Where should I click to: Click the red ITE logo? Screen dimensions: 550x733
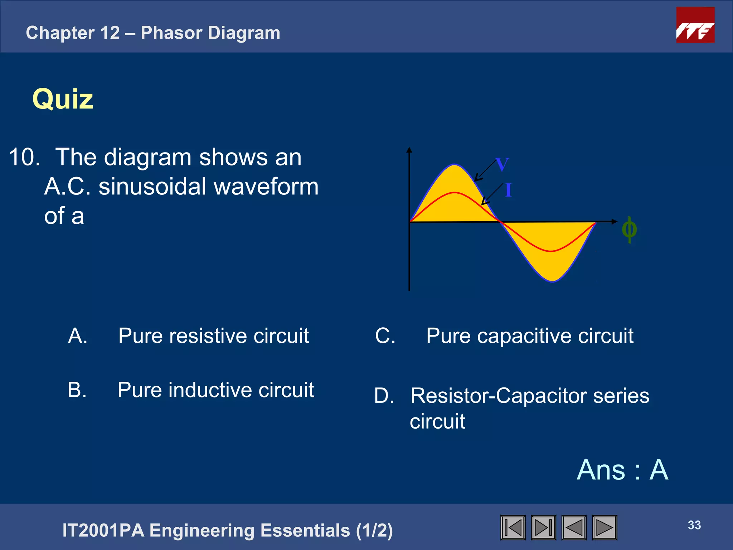click(x=695, y=25)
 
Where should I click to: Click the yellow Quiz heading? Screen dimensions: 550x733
click(x=63, y=99)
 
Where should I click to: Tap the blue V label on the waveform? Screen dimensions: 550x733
click(x=502, y=165)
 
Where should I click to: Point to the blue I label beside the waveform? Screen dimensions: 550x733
click(x=508, y=190)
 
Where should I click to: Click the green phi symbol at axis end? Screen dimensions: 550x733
click(x=629, y=230)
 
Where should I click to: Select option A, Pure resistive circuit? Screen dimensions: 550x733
click(x=213, y=336)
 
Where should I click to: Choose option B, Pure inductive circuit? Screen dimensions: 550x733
click(x=215, y=390)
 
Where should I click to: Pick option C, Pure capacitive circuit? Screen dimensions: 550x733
click(x=530, y=336)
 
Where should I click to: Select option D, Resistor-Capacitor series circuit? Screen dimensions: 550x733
click(x=529, y=396)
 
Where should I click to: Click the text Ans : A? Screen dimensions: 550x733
click(x=622, y=470)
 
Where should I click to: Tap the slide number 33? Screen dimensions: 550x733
click(x=694, y=525)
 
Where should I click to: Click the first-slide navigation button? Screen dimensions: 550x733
click(x=513, y=527)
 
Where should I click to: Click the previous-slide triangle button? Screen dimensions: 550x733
click(x=574, y=527)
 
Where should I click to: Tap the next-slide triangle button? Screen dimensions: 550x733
click(x=605, y=527)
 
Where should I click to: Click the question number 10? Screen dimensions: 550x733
click(x=24, y=157)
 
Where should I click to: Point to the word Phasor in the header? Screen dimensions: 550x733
click(x=172, y=33)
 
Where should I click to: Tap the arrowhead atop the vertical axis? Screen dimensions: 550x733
click(x=409, y=150)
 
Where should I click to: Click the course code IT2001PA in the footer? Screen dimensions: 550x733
click(x=103, y=530)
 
